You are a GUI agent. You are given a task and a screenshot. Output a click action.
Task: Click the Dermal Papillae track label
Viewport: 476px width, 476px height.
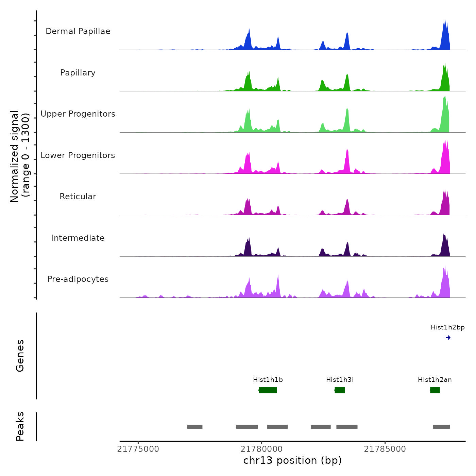tap(78, 31)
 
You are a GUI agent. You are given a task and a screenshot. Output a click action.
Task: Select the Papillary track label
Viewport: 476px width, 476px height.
tap(78, 73)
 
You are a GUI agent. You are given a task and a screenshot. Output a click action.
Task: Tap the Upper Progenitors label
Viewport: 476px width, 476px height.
tap(78, 114)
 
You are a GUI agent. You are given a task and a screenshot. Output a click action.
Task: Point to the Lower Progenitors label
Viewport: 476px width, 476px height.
tap(78, 155)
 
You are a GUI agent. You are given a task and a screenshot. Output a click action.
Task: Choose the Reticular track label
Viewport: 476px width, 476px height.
tap(78, 197)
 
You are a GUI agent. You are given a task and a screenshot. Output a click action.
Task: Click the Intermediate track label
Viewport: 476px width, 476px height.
tap(78, 238)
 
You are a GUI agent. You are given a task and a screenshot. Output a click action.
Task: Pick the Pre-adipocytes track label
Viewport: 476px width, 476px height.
tap(78, 279)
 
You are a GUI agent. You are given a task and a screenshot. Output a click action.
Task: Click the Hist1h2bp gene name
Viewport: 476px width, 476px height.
tap(447, 327)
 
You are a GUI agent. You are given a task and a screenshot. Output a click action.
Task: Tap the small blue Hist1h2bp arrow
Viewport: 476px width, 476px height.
tap(448, 338)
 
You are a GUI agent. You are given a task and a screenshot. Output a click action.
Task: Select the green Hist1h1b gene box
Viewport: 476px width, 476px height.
tap(268, 390)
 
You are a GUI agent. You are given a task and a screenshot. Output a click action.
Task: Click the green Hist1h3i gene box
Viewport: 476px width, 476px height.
tap(340, 390)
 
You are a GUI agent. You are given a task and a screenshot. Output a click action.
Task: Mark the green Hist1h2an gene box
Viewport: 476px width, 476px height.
tap(435, 390)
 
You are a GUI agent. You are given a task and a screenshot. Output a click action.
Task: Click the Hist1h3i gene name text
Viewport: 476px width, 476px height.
tap(340, 380)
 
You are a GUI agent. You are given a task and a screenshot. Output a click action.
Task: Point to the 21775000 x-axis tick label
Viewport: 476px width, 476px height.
tap(138, 449)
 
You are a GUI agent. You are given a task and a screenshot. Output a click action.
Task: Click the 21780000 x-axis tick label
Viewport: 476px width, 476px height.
tap(261, 449)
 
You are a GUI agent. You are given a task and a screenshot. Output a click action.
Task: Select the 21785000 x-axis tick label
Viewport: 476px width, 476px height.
tap(385, 449)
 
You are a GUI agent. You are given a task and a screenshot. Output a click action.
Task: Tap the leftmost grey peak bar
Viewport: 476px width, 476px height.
tap(195, 427)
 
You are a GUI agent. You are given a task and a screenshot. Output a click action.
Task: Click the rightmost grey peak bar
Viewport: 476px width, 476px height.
tap(441, 427)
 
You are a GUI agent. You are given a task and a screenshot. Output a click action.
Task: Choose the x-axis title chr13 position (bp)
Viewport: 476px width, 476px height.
tap(292, 460)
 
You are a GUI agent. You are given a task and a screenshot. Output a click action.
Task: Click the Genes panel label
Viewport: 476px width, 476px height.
tap(20, 356)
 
